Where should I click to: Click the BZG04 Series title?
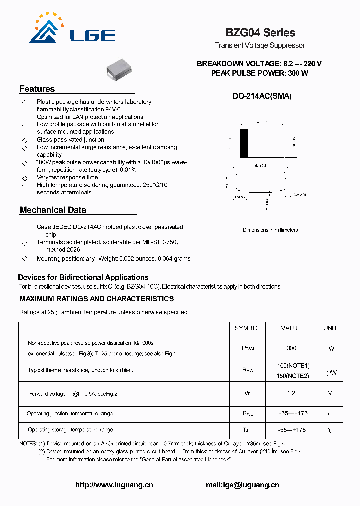click(260, 33)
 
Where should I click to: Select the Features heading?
click(37, 89)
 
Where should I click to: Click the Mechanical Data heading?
click(53, 210)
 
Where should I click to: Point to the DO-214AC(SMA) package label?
click(262, 96)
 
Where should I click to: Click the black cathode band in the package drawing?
click(244, 144)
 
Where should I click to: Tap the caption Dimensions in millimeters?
click(270, 230)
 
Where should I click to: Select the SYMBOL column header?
click(247, 328)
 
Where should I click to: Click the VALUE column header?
click(291, 328)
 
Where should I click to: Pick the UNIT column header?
click(330, 328)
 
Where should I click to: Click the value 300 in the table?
click(291, 348)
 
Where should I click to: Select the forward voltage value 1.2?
click(291, 393)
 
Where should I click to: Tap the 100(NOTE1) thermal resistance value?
click(293, 366)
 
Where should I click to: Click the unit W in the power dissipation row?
click(331, 348)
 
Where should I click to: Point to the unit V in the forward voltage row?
click(330, 393)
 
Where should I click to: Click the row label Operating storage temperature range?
click(70, 430)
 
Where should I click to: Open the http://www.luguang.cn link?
click(114, 485)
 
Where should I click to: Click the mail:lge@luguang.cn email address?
click(242, 485)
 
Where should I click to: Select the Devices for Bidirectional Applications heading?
click(83, 277)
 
